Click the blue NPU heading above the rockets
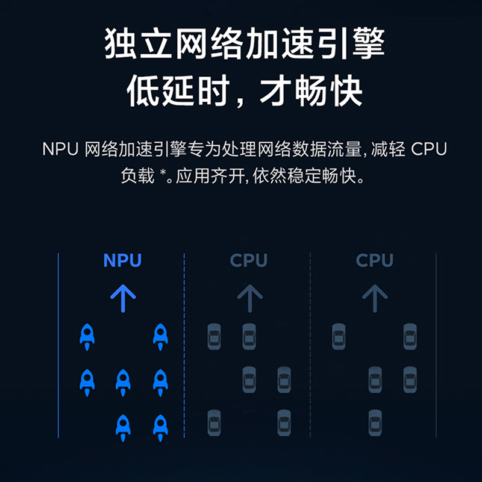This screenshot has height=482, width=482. pos(122,260)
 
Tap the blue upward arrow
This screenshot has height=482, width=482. pos(123,298)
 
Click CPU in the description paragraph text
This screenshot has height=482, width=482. pos(429,149)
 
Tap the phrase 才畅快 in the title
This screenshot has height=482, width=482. pos(310,92)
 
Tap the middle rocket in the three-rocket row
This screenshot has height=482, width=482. pos(123,381)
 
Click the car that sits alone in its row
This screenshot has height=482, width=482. pos(375,422)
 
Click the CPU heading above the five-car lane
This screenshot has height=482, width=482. pos(374,260)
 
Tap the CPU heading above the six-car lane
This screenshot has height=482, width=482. pos(248,260)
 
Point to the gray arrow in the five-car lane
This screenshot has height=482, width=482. pos(375,298)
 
